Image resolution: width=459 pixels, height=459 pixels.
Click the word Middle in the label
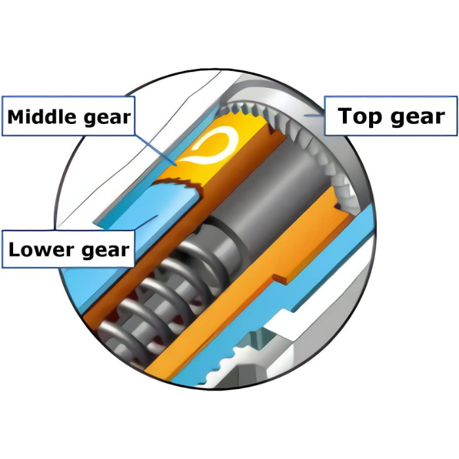click(41, 117)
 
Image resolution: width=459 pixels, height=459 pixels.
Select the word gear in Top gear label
click(418, 117)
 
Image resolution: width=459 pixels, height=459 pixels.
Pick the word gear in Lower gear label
click(106, 251)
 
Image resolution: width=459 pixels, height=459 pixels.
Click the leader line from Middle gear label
click(156, 150)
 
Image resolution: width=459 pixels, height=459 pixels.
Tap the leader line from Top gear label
click(314, 115)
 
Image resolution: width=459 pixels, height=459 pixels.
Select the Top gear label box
click(391, 115)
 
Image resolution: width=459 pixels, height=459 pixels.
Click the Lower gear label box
click(68, 249)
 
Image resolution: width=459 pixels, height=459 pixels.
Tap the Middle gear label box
click(68, 116)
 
